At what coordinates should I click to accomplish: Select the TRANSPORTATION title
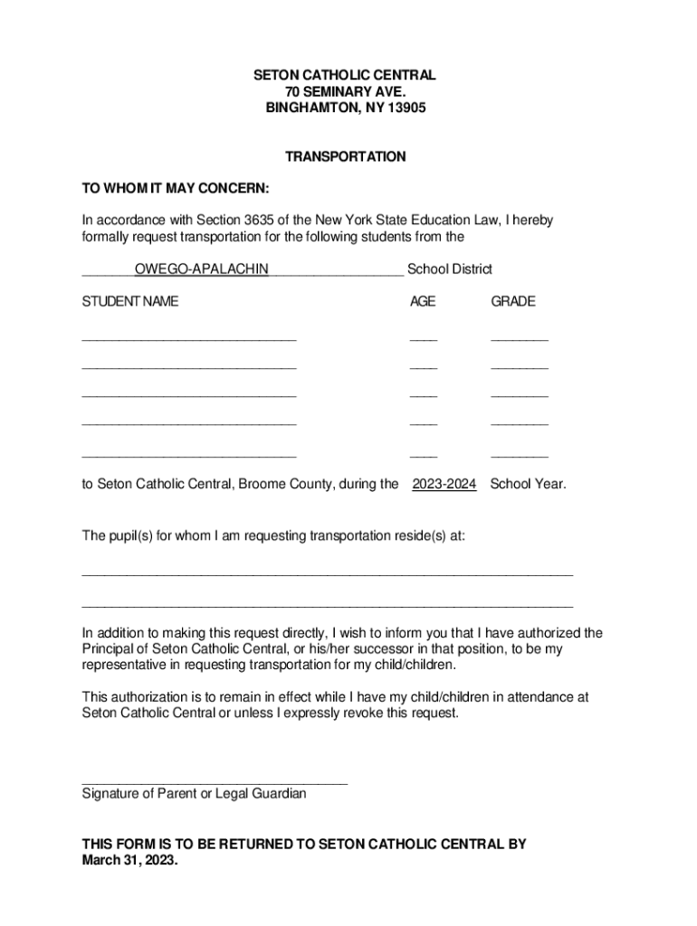(345, 156)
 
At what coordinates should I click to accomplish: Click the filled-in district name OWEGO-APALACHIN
(201, 269)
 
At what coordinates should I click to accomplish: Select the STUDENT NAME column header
(130, 301)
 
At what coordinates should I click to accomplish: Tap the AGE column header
(423, 301)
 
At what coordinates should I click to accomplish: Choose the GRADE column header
(513, 301)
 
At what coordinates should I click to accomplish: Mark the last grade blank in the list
(519, 457)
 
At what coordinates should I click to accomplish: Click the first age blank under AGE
(423, 339)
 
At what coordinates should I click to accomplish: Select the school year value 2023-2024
(444, 484)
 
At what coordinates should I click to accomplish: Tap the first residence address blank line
(327, 574)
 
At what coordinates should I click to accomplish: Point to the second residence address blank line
(327, 605)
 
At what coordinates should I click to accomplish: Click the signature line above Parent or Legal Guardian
(215, 782)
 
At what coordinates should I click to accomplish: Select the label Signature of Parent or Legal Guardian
(194, 794)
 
